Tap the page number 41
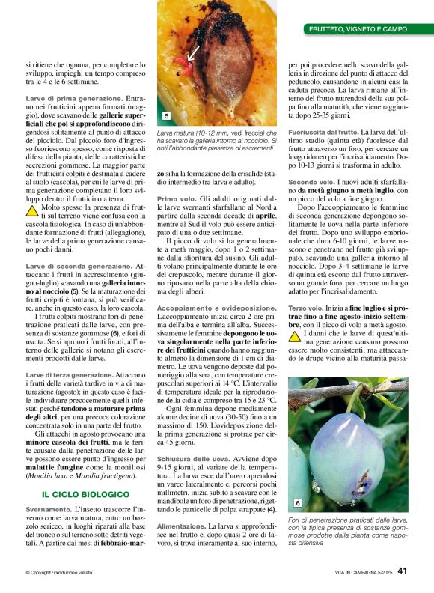coord(403,571)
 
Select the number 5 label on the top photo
coord(165,116)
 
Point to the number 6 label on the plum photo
coord(297,503)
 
